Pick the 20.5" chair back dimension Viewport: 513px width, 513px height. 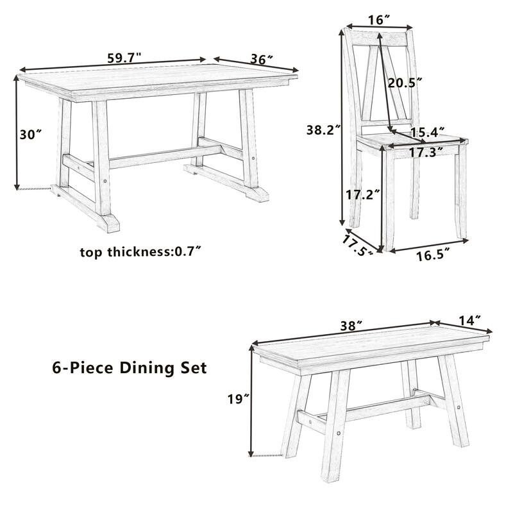(405, 82)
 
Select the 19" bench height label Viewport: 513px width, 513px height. (237, 399)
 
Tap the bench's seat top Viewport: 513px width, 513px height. (372, 349)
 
